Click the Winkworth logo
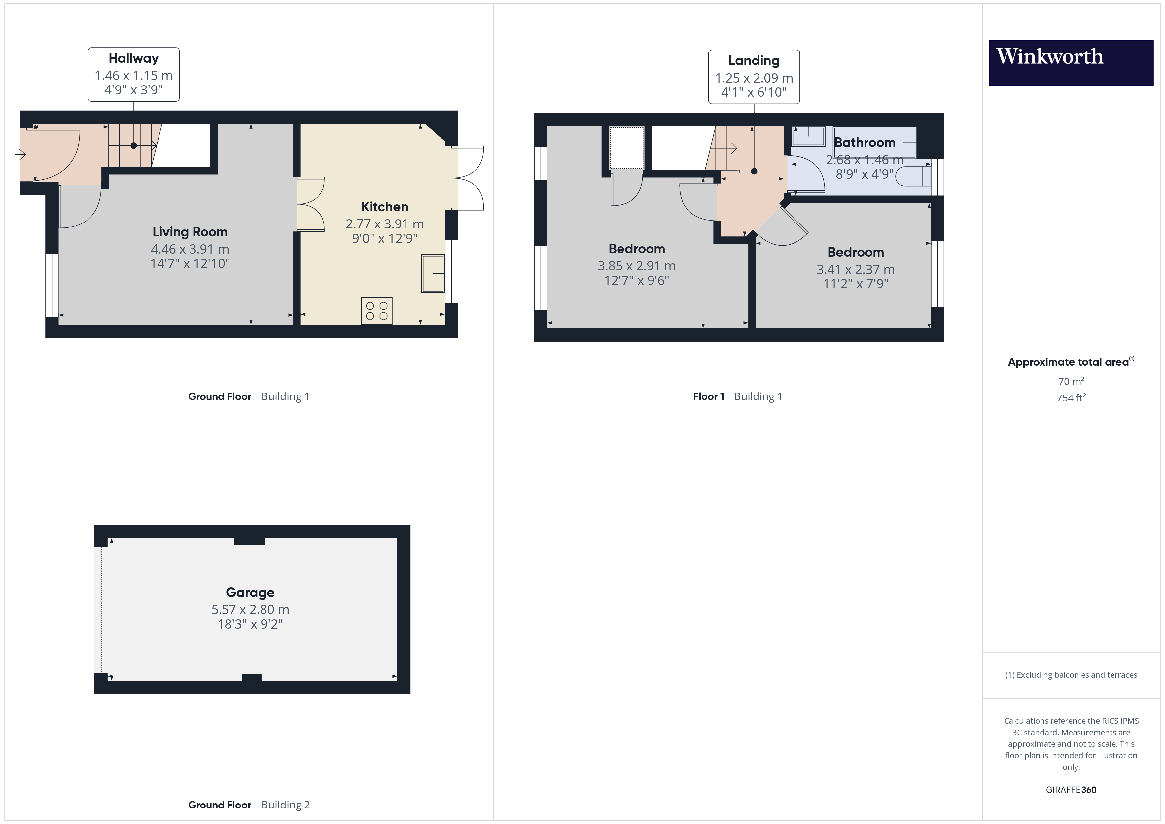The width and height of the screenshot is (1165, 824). [1070, 62]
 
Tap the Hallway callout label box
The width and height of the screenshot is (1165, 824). [133, 75]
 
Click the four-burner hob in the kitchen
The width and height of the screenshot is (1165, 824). [376, 311]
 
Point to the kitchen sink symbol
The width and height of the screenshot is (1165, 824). [433, 274]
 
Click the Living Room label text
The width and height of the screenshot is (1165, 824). [190, 232]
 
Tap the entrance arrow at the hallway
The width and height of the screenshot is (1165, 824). [20, 154]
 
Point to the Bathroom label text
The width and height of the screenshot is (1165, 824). [865, 143]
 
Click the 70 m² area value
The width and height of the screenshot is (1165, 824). [1071, 381]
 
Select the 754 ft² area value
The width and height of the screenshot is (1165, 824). [1071, 398]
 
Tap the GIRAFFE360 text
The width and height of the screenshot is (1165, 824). [1071, 789]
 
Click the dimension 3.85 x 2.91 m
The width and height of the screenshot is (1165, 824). [636, 266]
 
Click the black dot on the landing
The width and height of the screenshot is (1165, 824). [754, 171]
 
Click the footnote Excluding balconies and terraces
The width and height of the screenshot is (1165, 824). [1071, 675]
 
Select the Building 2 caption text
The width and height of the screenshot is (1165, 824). [285, 805]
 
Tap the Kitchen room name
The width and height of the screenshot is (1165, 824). [385, 207]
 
